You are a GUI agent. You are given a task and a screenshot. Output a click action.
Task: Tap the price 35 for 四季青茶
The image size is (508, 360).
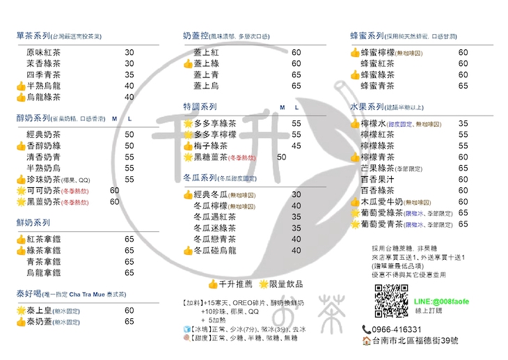coord(129,75)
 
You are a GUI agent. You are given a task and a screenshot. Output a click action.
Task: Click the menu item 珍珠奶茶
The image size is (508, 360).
coord(43,179)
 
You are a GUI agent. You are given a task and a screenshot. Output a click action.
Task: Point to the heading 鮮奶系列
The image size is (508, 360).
coord(33,223)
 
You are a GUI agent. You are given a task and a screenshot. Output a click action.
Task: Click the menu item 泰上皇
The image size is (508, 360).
coord(41,311)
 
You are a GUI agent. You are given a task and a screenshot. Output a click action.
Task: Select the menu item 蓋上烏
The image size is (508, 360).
coord(207,86)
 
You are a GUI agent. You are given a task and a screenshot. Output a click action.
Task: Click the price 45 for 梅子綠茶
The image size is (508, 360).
coord(296,146)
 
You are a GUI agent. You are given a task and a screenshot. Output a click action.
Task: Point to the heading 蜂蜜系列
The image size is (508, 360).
coord(367,36)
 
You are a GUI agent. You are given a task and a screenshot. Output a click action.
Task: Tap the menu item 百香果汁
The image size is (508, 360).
coord(378,179)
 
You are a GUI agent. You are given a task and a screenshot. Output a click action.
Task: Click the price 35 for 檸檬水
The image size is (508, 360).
coord(463,123)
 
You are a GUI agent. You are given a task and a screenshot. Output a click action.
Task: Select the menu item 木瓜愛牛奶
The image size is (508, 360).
coord(382,201)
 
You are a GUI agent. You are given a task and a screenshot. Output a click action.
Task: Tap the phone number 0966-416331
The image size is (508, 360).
coord(396,329)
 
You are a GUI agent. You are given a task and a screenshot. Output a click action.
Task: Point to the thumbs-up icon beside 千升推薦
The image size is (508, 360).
coord(213,284)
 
